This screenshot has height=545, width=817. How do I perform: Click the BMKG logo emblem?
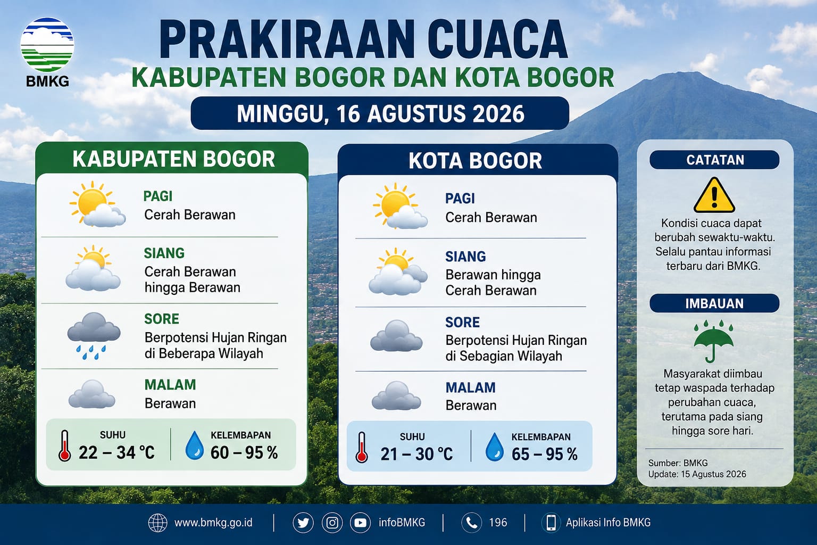pos(47,45)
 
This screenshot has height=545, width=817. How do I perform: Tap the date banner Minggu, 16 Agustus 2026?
pos(380,113)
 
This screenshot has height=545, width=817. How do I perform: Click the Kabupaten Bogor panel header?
pos(173,159)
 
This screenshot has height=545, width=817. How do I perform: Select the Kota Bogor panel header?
pos(475,161)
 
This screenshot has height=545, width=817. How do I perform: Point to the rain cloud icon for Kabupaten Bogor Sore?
pos(94,336)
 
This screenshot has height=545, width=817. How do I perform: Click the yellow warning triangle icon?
pos(714,195)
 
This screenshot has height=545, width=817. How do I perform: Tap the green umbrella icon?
pos(713,341)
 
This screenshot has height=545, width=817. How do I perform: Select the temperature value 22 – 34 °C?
pos(116,452)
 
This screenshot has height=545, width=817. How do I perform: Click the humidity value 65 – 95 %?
pos(544,454)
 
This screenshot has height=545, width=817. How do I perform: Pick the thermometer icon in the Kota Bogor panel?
pos(362,448)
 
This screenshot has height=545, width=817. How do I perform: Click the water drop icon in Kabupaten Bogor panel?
pos(194,445)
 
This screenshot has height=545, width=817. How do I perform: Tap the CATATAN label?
pos(715,160)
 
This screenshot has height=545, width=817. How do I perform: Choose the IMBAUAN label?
pos(714,303)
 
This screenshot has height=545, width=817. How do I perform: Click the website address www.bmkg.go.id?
pos(213,522)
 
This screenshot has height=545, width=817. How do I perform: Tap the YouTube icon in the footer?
pos(360,523)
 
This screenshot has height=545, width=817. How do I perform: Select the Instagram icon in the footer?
pos(332,523)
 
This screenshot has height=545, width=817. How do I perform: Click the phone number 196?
pos(498,522)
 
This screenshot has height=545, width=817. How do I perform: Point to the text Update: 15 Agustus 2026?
pos(697,474)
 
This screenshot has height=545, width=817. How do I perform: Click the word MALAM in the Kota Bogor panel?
pos(471,387)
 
